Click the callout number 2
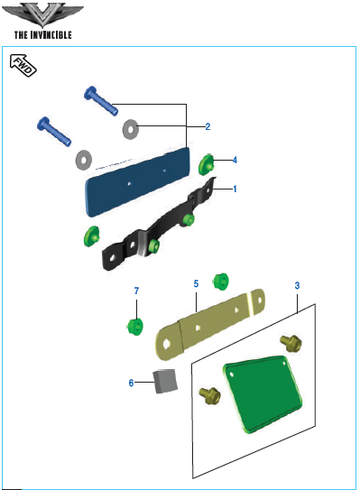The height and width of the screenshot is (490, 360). point(208,126)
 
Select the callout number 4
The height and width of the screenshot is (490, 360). point(235,160)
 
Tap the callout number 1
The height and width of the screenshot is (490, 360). point(235,189)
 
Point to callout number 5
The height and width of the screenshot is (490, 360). point(196,283)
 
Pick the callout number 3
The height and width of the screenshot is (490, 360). point(297,285)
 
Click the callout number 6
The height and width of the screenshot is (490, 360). point(131,383)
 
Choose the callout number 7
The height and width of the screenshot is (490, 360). point(136,291)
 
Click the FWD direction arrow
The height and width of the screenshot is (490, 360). point(23,65)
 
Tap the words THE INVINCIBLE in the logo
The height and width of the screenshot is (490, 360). point(43,34)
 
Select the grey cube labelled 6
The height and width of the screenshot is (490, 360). point(165,381)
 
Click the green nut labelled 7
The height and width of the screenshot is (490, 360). point(135,327)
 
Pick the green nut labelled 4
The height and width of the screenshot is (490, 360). point(207,164)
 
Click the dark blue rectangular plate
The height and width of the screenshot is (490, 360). point(138,182)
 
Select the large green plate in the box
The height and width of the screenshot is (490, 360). point(263,393)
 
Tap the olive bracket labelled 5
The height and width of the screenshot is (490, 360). point(210,324)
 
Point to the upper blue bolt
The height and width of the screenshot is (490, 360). point(101,101)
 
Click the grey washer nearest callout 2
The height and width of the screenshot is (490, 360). point(131,129)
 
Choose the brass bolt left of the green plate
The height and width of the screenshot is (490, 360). point(210,395)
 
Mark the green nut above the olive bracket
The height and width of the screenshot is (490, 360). point(221,282)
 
